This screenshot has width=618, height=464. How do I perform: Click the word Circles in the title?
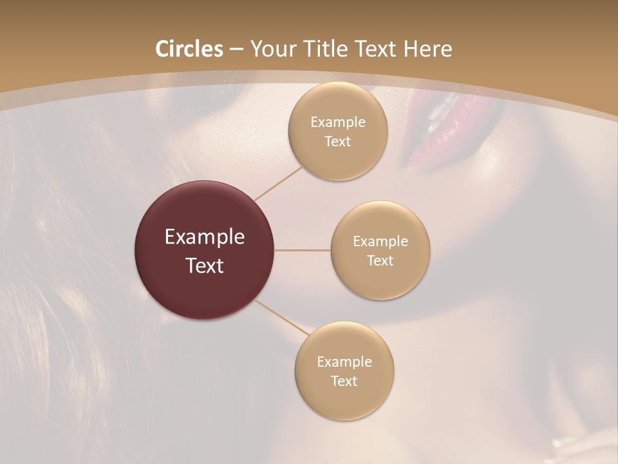coord(189,49)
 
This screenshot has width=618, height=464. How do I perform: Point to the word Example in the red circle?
coord(205,237)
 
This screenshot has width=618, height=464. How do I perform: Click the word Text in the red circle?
coord(205,266)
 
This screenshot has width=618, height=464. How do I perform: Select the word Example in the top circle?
coord(337,122)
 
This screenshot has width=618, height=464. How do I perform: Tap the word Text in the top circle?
coord(337,142)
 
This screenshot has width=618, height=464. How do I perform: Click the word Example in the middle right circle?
coord(380,242)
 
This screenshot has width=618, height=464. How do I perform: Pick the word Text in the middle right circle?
coord(380,261)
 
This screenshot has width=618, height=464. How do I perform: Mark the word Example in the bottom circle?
coord(344,362)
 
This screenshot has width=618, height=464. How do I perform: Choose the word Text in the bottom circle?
coord(344,382)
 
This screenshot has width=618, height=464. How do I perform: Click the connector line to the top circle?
coord(277,184)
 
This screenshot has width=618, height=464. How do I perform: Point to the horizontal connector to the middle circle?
coord(302,250)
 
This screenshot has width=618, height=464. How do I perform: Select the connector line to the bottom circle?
coord(281,317)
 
